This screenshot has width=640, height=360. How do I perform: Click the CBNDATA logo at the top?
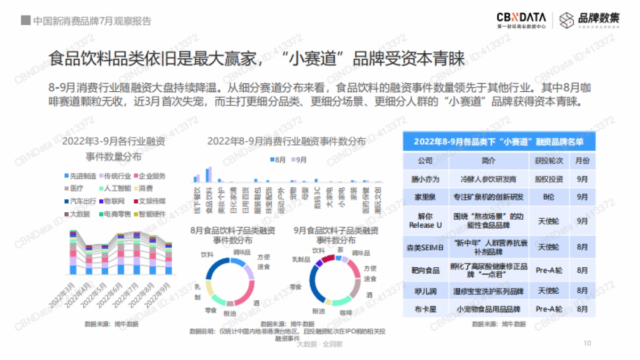tap(520, 20)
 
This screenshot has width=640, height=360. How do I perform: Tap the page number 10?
tap(587, 343)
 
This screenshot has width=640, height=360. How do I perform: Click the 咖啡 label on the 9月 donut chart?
tap(346, 312)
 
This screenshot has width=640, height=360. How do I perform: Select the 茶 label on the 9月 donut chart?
tap(340, 250)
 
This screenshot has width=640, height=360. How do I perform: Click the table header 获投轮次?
tap(542, 161)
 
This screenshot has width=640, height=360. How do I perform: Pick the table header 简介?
tap(489, 161)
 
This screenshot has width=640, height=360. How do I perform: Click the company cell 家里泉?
tap(425, 197)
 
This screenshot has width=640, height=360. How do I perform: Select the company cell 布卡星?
tap(425, 309)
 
